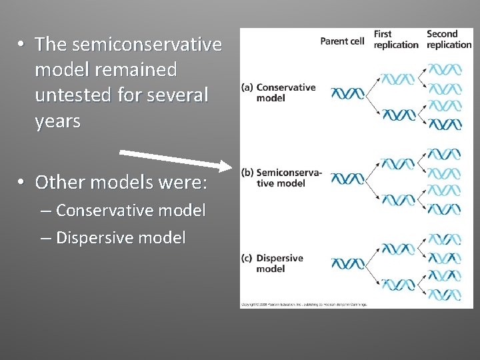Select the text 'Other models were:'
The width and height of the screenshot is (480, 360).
[x=122, y=181]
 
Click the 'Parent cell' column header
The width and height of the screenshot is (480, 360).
[x=342, y=41]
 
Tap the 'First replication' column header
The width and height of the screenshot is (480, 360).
[x=395, y=39]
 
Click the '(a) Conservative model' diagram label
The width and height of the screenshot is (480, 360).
[x=281, y=93]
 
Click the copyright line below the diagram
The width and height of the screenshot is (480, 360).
[x=305, y=304]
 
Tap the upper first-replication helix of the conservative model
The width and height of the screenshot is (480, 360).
[x=397, y=77]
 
